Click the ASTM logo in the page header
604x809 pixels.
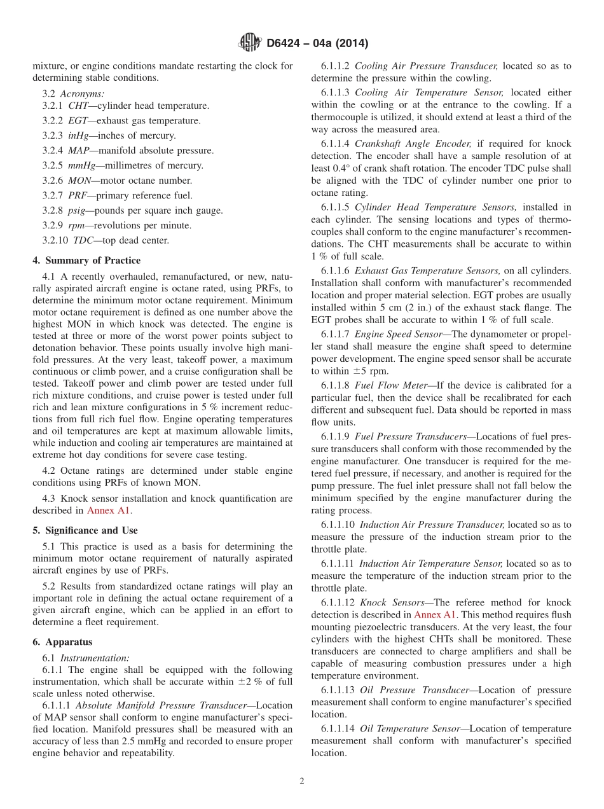tap(249, 43)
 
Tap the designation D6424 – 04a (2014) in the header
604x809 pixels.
tap(317, 44)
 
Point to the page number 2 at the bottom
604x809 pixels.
tap(302, 781)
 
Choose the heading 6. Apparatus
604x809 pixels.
tap(62, 642)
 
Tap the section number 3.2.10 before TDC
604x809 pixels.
tap(56, 240)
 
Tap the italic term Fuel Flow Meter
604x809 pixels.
tap(388, 385)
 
